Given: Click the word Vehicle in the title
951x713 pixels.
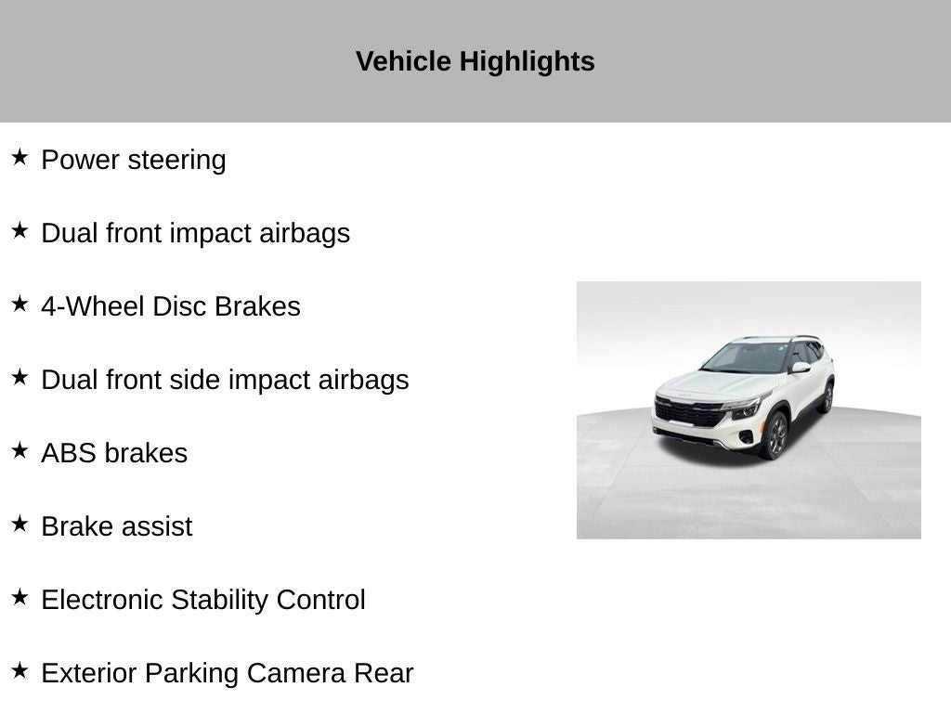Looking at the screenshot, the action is pos(403,61).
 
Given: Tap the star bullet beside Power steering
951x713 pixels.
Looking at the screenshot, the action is pos(20,157).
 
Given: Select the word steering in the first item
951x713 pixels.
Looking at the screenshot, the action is pos(176,161).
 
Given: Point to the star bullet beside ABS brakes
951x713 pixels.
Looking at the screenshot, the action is pos(20,450).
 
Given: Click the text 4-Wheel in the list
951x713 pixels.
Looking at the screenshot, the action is pos(94,306).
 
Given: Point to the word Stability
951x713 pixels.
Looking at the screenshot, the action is pos(219,601).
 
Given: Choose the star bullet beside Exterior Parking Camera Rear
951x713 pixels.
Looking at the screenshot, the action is pos(20,670).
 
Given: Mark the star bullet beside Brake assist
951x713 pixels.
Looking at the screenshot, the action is pos(20,524).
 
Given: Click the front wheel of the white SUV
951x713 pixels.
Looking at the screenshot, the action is pos(775,434).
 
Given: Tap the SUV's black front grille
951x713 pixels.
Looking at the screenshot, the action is pos(690,413).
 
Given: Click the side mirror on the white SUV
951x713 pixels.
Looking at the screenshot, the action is pos(801,367).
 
